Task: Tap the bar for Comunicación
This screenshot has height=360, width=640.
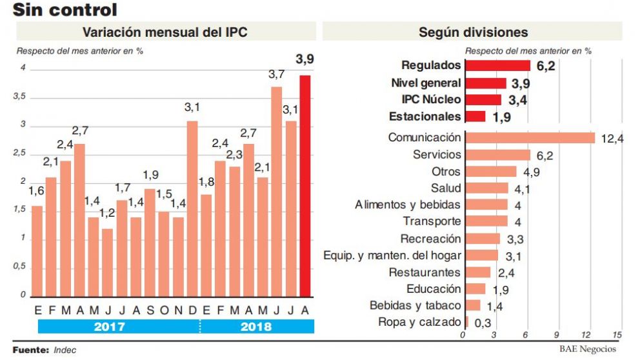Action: pos(529,137)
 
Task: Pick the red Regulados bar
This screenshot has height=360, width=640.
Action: pos(497,66)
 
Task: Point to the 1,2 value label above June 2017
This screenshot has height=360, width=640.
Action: pos(106,213)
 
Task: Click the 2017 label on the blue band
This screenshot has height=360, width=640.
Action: pos(110,327)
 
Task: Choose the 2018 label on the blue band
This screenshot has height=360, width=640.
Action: pos(256,327)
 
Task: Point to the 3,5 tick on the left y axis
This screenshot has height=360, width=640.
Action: pos(21,97)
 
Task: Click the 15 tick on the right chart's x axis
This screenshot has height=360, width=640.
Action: pos(617,335)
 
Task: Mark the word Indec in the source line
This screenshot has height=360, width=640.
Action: pos(65,350)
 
